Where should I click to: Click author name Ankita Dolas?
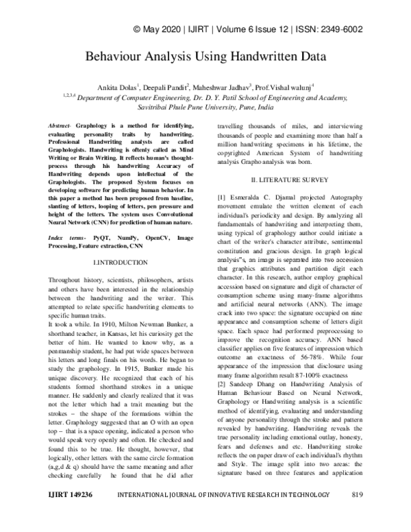point(118,87)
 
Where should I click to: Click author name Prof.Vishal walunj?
point(284,87)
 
